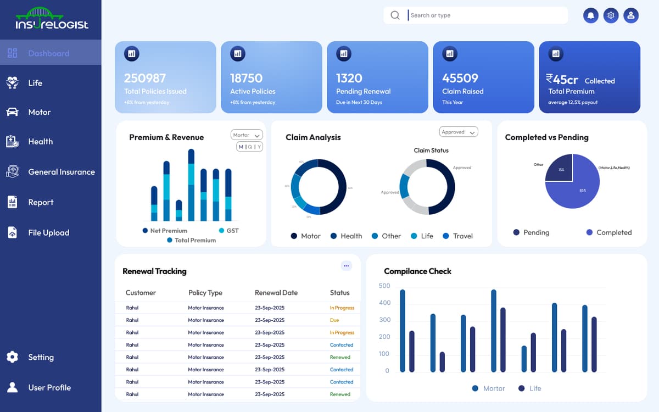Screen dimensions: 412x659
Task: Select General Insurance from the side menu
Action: (60, 172)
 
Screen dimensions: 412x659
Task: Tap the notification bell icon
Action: (591, 16)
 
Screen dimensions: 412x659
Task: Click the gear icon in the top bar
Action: (611, 16)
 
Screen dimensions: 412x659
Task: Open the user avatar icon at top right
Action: (630, 16)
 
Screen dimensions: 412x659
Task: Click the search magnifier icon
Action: (395, 15)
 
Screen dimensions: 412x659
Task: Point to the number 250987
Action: (144, 78)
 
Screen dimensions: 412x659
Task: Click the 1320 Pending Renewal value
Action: (349, 78)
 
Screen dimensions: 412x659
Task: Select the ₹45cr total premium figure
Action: (562, 79)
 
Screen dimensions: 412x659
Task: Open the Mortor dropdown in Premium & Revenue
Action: (247, 135)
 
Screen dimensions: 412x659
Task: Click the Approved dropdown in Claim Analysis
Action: (459, 132)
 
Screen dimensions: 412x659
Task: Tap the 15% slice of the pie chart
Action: (560, 169)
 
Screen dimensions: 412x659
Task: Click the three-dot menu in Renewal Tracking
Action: (346, 266)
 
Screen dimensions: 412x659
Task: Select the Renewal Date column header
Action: (276, 293)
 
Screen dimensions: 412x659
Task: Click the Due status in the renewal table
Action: (334, 320)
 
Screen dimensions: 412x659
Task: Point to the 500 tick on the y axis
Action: (384, 286)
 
